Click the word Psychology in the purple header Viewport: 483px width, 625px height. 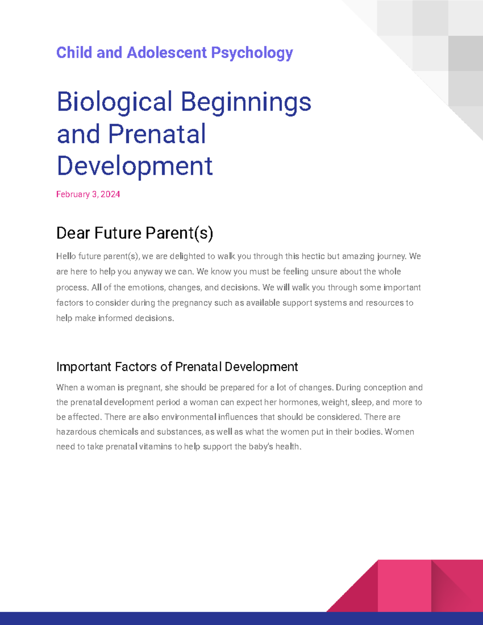tap(252, 53)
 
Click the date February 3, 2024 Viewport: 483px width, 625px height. tap(88, 194)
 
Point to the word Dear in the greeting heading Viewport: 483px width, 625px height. tap(73, 233)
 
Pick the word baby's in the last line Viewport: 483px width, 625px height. tap(261, 447)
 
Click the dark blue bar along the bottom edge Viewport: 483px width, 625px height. tap(161, 618)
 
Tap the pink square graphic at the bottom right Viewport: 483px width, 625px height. tap(404, 586)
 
